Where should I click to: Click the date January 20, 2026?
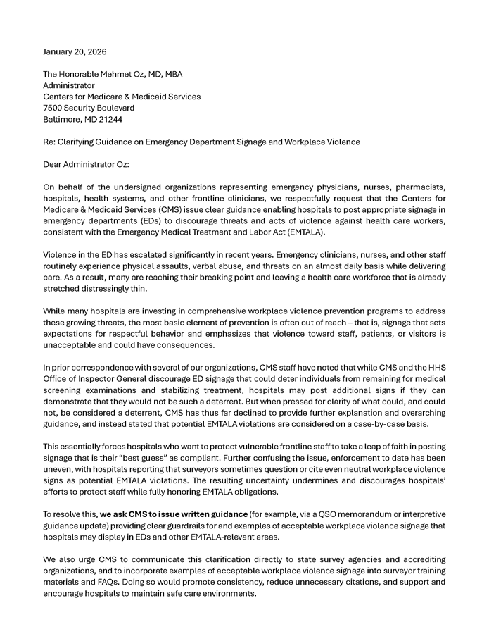point(75,51)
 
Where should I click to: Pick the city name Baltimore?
point(63,119)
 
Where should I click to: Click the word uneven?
point(58,468)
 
